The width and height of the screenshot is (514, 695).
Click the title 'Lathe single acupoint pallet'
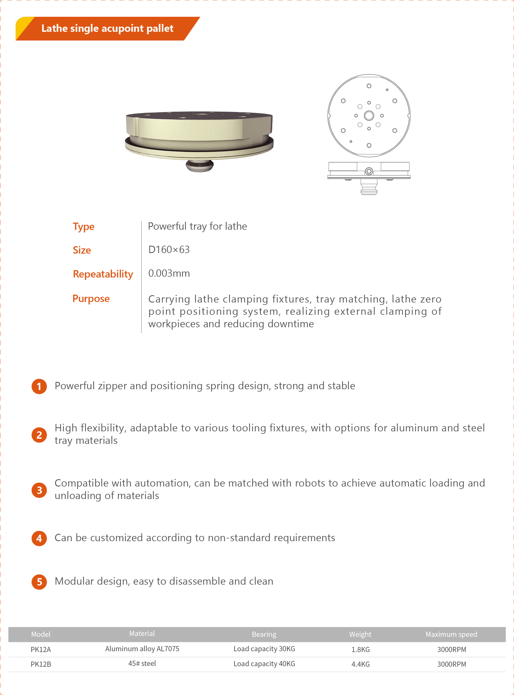[107, 28]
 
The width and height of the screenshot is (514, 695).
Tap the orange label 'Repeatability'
[103, 274]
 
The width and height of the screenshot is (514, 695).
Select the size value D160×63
[169, 250]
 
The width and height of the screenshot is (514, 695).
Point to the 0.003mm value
[169, 273]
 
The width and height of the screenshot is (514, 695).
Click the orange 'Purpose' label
[91, 298]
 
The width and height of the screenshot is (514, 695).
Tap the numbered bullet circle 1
[39, 386]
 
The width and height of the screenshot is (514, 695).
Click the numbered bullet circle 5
[39, 582]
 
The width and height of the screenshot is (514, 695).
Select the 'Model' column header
[41, 634]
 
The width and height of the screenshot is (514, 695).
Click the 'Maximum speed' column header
[451, 634]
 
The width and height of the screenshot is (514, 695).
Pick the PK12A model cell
[41, 650]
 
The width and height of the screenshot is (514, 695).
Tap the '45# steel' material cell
[142, 663]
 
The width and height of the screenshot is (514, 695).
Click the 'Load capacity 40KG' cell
[264, 663]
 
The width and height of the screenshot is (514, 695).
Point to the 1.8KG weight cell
[361, 650]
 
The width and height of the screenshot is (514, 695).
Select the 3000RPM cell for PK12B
[452, 664]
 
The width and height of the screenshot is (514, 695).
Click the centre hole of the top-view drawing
[369, 116]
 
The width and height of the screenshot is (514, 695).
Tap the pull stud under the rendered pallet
[199, 166]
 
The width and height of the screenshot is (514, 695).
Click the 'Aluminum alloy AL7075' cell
[142, 649]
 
